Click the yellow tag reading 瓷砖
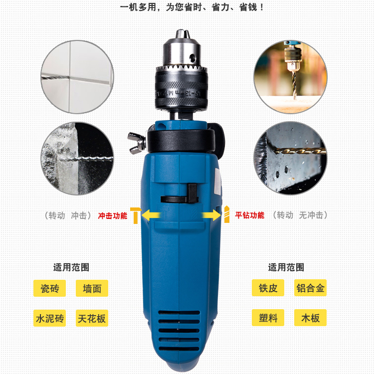49,288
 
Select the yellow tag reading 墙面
92,288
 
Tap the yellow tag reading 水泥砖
49,318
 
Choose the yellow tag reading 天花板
92,318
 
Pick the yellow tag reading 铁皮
268,288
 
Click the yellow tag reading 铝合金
310,288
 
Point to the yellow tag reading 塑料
268,318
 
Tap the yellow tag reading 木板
310,318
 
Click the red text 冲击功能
113,215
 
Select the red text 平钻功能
250,215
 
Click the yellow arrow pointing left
151,215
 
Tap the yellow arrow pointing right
211,215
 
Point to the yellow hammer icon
136,215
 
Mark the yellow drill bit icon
227,214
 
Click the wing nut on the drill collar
137,143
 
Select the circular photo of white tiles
77,77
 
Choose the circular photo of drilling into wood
290,77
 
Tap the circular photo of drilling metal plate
290,158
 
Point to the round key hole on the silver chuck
192,57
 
